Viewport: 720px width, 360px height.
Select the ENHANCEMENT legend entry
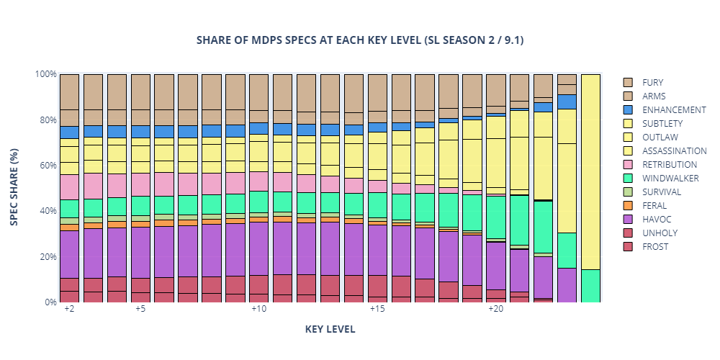[x=669, y=110]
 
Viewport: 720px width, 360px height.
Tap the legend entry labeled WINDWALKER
[x=669, y=179]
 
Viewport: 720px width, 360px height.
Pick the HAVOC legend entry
[x=655, y=220]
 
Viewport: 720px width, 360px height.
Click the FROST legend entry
[x=654, y=247]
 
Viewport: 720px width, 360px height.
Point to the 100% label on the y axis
[x=45, y=74]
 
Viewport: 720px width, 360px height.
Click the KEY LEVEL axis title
[x=330, y=329]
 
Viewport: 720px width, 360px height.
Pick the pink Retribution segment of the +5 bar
[x=140, y=184]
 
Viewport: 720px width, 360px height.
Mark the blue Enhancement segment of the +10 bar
[x=258, y=128]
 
